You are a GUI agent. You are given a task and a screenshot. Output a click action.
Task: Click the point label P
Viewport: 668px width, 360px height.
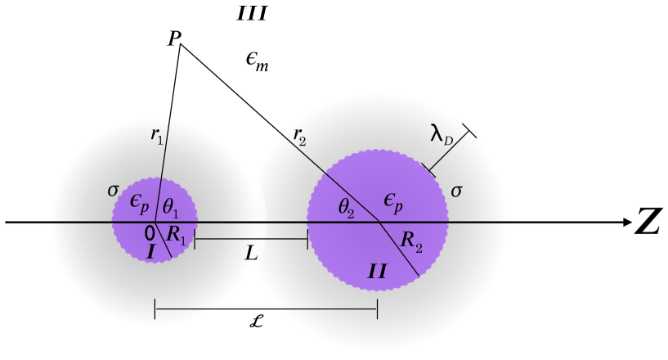[x=174, y=40]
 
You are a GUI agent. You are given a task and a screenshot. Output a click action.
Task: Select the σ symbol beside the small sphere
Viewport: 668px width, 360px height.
[x=113, y=191]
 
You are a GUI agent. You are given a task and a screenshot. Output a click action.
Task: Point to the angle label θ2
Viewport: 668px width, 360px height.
[x=347, y=209]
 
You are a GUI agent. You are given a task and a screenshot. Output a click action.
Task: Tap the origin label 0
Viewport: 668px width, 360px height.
[x=149, y=232]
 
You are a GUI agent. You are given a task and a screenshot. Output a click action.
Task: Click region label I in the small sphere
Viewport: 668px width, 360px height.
[x=150, y=253]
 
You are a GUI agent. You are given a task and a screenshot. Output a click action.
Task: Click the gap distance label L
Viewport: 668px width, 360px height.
[x=250, y=254]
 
